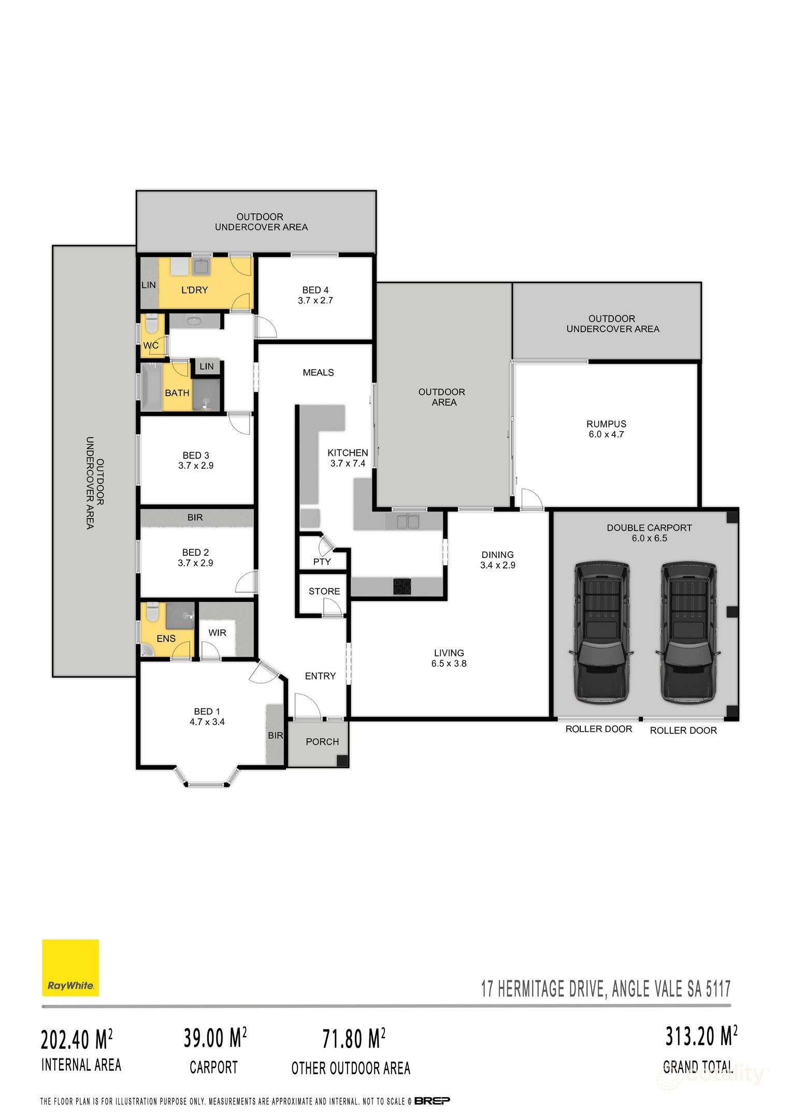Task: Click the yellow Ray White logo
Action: pos(70,967)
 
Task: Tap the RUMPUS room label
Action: pos(606,424)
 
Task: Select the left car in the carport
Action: pos(601,632)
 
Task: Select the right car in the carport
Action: pos(688,632)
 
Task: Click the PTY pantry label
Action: pos(322,562)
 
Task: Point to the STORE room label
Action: pos(324,591)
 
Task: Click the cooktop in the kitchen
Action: pos(402,587)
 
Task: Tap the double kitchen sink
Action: pos(408,521)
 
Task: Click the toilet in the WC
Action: pos(151,325)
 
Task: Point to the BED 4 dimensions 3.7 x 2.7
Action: pos(315,300)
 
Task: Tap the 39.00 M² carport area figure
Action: pos(214,1038)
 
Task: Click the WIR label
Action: pos(217,633)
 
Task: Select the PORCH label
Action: pos(322,742)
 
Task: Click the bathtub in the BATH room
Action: pos(151,388)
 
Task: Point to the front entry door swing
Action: pos(307,706)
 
